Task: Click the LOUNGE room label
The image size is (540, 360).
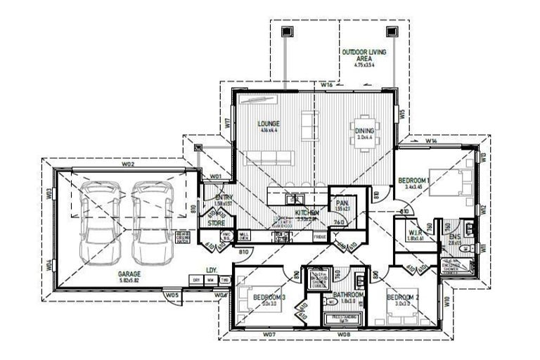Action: point(269,122)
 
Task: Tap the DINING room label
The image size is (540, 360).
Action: point(365,131)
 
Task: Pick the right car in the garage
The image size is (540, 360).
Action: point(153,219)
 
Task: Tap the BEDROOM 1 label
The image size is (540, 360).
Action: point(414,181)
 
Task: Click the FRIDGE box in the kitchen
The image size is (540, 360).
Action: point(321,238)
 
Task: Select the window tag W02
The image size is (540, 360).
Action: point(127,164)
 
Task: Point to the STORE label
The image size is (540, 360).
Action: point(216,223)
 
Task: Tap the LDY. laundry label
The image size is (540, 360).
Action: point(210,269)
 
